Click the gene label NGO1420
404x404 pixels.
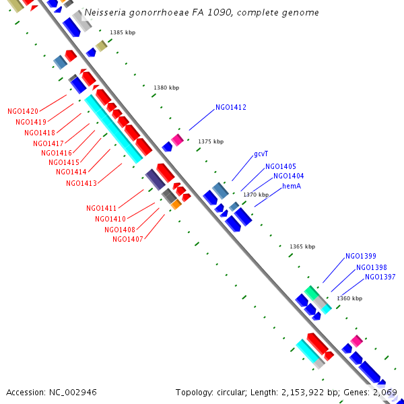coord(23,111)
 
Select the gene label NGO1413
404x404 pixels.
coord(81,183)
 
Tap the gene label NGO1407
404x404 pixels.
coord(128,239)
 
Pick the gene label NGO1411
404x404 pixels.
coord(102,208)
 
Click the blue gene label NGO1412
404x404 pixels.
coord(231,107)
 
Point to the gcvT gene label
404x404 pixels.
coord(261,154)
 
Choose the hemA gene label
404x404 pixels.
coord(292,186)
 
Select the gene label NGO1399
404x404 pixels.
coord(361,256)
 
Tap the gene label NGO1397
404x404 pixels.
coord(380,277)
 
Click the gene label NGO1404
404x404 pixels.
coord(289,176)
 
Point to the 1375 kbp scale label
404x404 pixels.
coord(211,141)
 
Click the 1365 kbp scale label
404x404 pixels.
coord(302,246)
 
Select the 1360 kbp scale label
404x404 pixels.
coord(349,298)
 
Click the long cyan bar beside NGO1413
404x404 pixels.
coord(114,128)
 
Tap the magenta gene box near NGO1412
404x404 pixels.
coord(177,139)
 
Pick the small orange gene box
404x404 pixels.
coord(176,204)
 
